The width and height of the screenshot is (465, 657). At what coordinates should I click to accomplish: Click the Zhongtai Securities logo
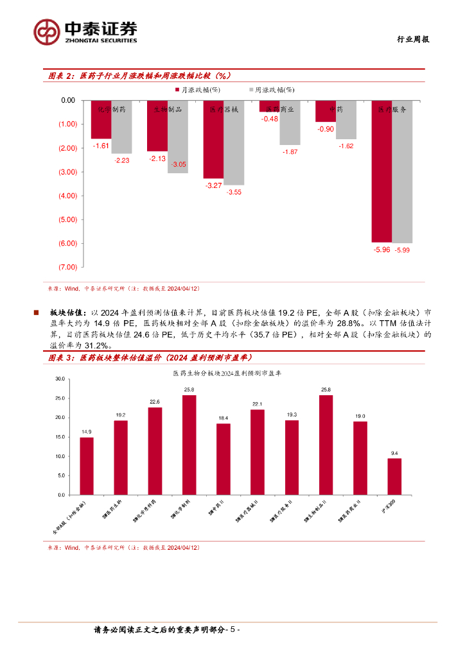click(x=85, y=31)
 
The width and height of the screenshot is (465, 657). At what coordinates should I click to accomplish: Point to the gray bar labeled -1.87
click(x=290, y=123)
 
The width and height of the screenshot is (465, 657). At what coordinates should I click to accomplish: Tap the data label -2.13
click(x=157, y=158)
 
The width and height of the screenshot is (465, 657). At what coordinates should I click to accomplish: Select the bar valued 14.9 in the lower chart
click(x=87, y=466)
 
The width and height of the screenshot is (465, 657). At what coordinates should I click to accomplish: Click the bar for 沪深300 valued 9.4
click(x=394, y=476)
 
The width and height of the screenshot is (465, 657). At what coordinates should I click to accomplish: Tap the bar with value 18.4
click(x=224, y=459)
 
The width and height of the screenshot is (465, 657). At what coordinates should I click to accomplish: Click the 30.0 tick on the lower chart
click(x=60, y=379)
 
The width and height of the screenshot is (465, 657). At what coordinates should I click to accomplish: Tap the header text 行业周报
click(x=411, y=39)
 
